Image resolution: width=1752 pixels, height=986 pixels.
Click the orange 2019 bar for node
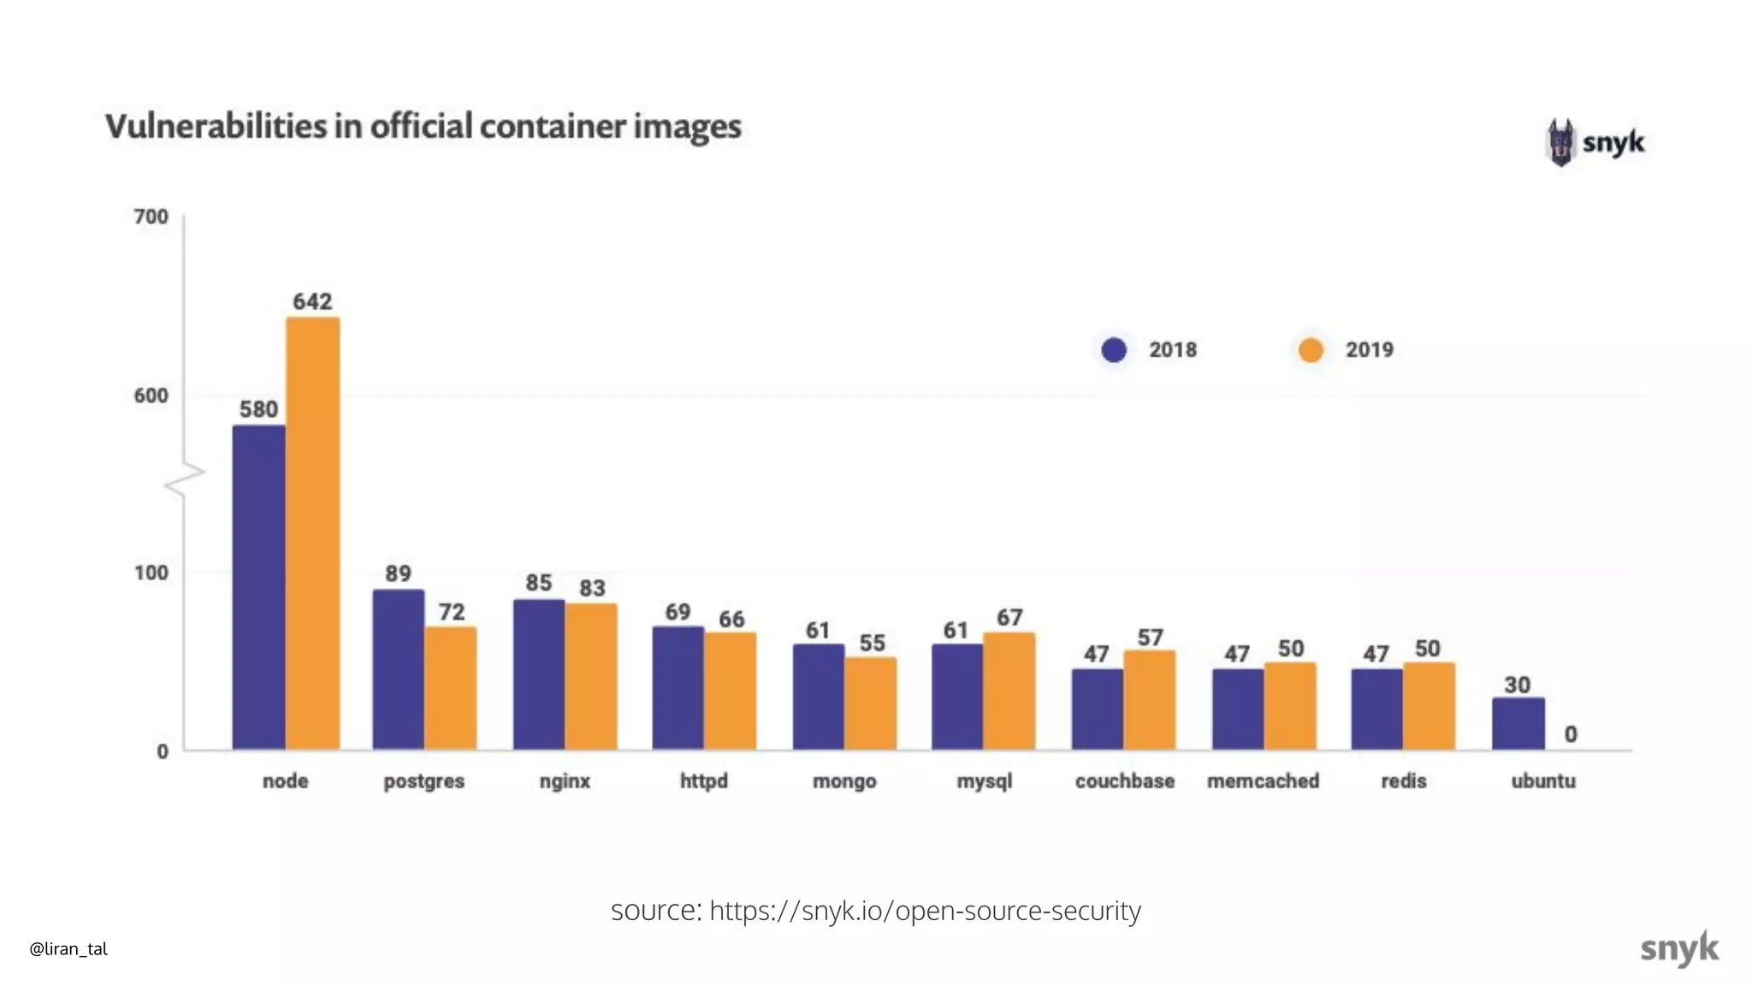tap(312, 535)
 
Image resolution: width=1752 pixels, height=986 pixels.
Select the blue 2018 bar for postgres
tap(398, 670)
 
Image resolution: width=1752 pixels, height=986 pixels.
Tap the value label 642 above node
tap(312, 301)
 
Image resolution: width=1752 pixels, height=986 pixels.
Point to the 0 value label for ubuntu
tap(1571, 734)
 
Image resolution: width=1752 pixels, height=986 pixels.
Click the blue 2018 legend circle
tap(1114, 350)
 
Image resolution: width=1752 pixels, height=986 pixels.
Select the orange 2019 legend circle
tap(1311, 350)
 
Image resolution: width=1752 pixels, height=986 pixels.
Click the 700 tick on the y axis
tap(151, 217)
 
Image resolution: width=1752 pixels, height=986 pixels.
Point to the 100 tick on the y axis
tap(151, 573)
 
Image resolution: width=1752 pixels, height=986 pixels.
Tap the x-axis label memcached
tap(1263, 781)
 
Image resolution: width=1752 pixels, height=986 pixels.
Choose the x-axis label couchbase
tap(1124, 781)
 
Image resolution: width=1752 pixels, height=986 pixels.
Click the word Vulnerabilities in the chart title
tap(216, 127)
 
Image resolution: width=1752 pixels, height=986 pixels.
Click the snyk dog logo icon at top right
tap(1561, 142)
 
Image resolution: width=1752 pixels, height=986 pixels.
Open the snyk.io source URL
tap(925, 911)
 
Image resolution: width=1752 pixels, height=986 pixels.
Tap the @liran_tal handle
tap(68, 948)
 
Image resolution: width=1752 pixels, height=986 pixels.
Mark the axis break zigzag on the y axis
tap(184, 479)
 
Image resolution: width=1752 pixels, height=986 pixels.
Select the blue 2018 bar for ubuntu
tap(1518, 724)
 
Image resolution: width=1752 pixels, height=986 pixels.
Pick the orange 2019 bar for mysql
tap(1009, 692)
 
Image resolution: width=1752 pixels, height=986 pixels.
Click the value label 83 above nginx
tap(592, 588)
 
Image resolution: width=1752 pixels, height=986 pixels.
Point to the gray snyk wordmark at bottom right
tap(1678, 948)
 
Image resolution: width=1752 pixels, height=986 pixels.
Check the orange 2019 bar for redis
tap(1429, 706)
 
